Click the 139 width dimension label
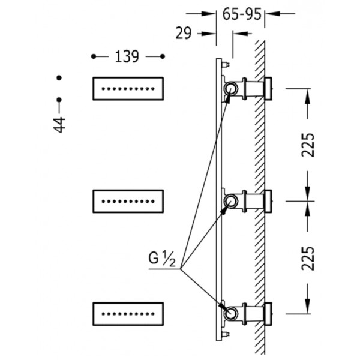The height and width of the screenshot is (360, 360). tap(127, 56)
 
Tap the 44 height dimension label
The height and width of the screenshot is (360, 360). tap(59, 125)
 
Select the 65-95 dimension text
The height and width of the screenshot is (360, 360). tap(242, 14)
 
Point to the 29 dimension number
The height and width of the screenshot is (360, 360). tap(183, 33)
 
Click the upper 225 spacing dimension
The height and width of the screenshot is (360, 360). tap(308, 145)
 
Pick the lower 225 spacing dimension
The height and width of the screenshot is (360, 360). tap(308, 258)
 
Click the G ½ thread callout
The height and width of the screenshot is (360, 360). tap(162, 258)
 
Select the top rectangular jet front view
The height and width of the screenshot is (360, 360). tap(128, 89)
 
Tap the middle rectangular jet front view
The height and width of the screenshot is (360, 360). tap(128, 202)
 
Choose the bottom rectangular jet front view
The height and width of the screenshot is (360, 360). tap(128, 314)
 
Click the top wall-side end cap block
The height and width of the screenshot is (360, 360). tap(268, 88)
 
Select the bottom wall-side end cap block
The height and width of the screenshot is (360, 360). tap(268, 314)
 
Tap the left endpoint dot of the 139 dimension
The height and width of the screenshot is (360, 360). tap(94, 56)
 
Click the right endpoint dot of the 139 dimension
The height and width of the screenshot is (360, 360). tap(163, 56)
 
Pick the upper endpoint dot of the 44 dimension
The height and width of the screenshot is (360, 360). tap(59, 78)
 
